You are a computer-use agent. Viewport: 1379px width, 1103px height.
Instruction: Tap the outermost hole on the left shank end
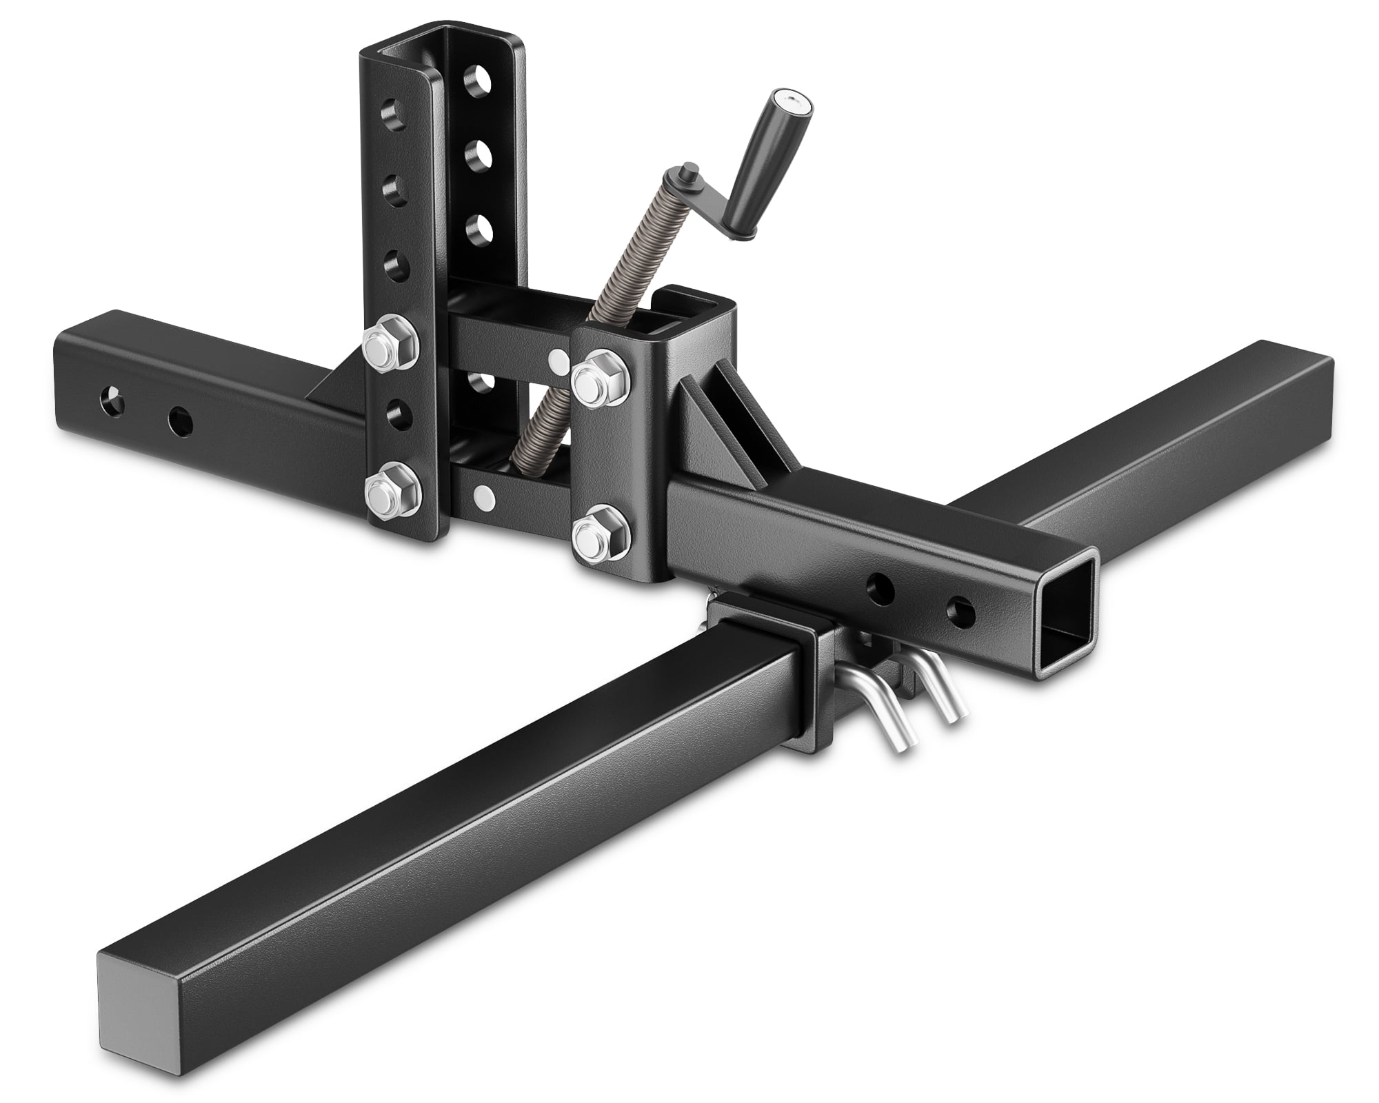pyautogui.click(x=109, y=398)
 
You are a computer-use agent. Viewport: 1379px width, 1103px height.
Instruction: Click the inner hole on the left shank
pyautogui.click(x=181, y=418)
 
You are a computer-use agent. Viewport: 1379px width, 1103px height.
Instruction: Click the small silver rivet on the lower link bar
pyautogui.click(x=486, y=494)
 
